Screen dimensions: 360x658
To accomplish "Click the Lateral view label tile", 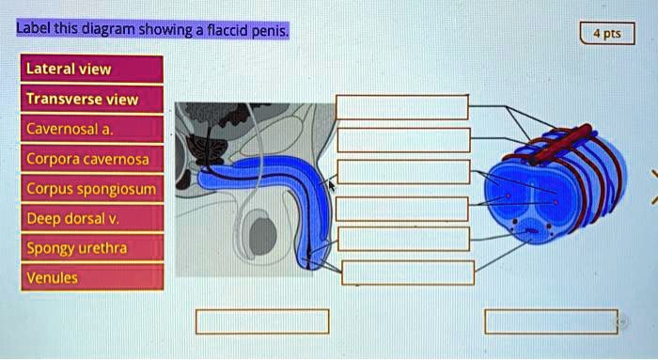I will pos(93,69).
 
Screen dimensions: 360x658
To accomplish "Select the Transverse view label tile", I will pos(93,99).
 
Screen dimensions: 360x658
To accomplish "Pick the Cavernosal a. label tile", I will pos(93,129).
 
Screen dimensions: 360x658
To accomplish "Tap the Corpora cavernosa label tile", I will pos(93,159).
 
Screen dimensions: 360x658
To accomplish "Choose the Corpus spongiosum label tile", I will pos(93,189).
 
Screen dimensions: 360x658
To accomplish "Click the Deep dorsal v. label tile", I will pos(93,218).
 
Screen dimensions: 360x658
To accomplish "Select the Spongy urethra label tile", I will pos(93,248).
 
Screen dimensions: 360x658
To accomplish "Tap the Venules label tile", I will pos(93,277).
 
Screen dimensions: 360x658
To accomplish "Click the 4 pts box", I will pos(607,34).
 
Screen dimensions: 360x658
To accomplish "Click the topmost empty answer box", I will pos(402,106).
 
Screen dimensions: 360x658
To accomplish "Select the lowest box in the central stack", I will pos(408,273).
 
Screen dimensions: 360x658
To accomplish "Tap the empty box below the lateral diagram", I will pos(262,321).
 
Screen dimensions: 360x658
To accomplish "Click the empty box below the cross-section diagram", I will pos(551,321).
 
